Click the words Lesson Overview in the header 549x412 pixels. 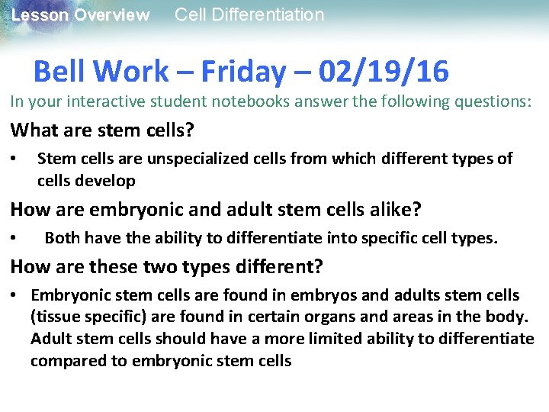tap(81, 15)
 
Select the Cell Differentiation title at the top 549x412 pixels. tap(249, 14)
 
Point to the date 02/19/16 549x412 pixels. tap(384, 72)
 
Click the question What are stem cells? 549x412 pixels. tap(102, 130)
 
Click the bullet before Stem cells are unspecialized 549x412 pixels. tap(14, 159)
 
